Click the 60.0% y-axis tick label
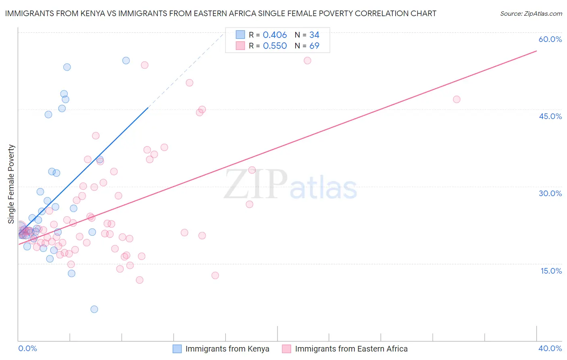(550, 39)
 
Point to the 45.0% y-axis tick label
(550, 116)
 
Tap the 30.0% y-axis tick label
(550, 193)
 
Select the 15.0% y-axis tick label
(551, 271)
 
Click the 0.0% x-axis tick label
(27, 348)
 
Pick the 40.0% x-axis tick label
(550, 348)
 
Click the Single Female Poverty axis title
(11, 184)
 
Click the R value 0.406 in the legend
(275, 35)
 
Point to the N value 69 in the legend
(314, 46)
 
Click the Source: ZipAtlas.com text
(531, 14)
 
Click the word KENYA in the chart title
(74, 14)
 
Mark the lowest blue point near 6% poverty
(94, 309)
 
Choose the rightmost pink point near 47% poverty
(457, 99)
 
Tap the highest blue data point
(126, 61)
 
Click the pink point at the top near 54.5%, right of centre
(307, 61)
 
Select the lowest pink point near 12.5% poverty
(215, 275)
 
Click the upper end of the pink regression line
(536, 51)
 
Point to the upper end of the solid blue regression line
(148, 107)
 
